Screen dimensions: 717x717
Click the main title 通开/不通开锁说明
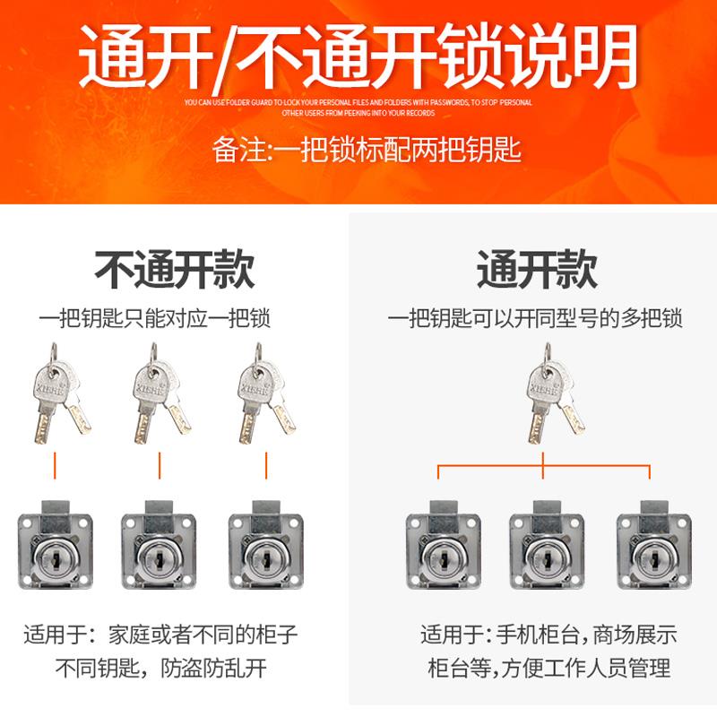click(x=358, y=56)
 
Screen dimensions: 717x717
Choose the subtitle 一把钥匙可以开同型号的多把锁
click(x=535, y=318)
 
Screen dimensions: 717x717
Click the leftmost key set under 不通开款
click(x=56, y=394)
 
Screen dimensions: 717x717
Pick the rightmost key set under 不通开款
click(x=265, y=394)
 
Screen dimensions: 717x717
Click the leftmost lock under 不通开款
click(x=56, y=551)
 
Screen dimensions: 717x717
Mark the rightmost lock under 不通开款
click(x=265, y=551)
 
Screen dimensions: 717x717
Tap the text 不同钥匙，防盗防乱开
click(x=161, y=668)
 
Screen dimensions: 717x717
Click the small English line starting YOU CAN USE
click(x=358, y=102)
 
